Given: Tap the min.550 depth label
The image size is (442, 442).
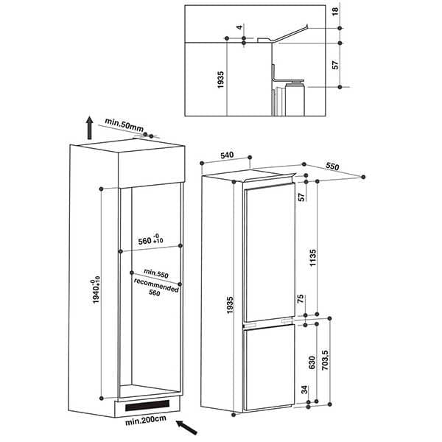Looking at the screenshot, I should pos(156,274).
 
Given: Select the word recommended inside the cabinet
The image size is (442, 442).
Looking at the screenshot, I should pos(156,283).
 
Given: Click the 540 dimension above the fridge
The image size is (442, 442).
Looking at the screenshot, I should pos(227,155).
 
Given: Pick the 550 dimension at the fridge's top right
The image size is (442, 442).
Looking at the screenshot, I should pos(331,167).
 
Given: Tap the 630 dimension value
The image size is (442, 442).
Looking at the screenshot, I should pos(312,362).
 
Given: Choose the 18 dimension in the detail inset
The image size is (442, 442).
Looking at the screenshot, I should pos(334,13).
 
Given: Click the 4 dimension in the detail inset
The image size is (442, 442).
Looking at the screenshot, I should pos(239,28).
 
